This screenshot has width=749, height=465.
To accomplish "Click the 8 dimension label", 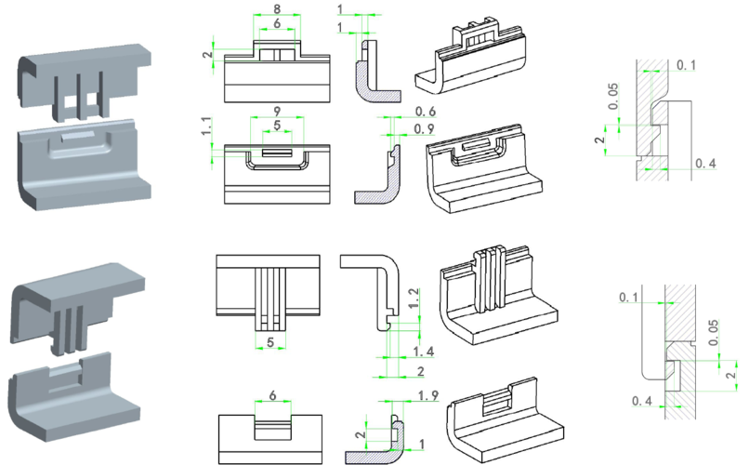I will point(277,8).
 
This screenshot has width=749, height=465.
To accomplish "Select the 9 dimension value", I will point(277,111).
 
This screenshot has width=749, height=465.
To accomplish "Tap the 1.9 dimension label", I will point(428,397).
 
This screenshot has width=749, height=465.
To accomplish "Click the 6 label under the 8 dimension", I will point(277,23).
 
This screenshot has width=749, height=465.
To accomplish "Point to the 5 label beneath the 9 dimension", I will point(277,126).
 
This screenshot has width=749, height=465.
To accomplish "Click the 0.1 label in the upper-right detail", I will point(686,66).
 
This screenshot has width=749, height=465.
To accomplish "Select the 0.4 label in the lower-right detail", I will point(641,401).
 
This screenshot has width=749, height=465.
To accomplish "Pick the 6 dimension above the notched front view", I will point(273,395).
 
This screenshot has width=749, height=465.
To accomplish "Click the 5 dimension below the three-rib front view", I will point(270,342).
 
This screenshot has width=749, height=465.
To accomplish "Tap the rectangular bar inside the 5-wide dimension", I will point(277,153).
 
